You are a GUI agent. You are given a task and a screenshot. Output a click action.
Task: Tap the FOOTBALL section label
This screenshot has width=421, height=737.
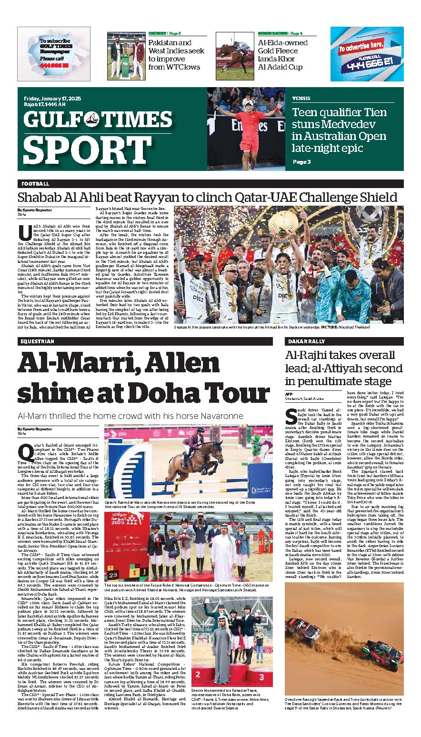point(35,184)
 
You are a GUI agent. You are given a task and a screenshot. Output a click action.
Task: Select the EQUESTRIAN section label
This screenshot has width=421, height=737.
point(38,341)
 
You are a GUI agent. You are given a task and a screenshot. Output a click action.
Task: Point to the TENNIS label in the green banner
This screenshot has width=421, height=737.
point(301,99)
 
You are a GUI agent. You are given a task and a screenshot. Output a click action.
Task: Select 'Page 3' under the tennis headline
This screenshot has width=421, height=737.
point(302,162)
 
